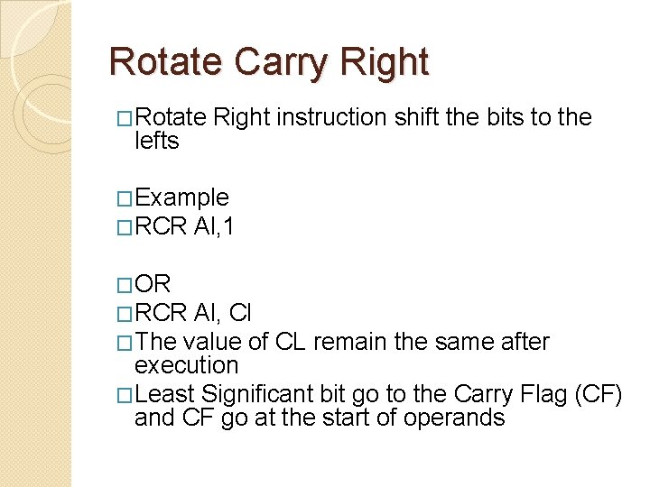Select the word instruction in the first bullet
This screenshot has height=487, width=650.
click(x=332, y=117)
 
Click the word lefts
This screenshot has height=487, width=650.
click(x=156, y=141)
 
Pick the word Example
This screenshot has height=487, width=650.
click(x=181, y=198)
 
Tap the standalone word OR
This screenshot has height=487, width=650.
click(x=153, y=284)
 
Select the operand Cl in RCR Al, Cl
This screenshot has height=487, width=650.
click(x=240, y=313)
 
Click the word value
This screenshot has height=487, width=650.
click(x=210, y=342)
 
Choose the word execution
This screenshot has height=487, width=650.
click(x=186, y=365)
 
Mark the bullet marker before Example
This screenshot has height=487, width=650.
click(x=125, y=198)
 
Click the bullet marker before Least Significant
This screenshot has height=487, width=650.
click(x=125, y=394)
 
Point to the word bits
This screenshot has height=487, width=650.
click(x=501, y=117)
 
